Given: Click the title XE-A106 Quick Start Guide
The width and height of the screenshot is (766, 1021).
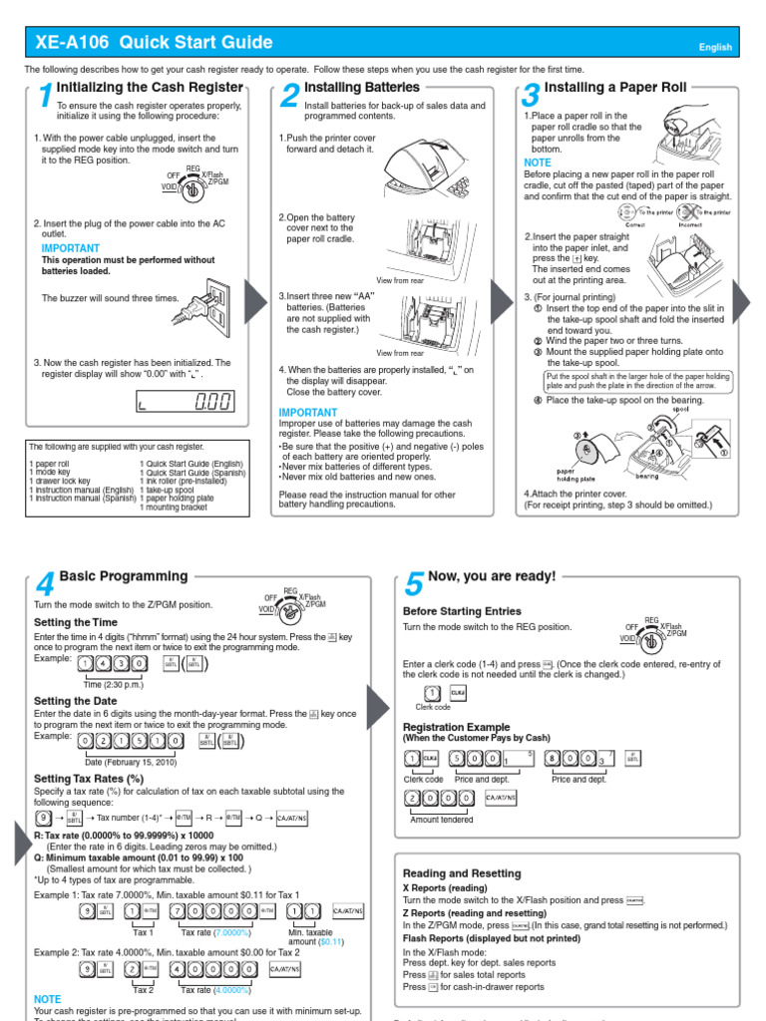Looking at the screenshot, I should [153, 42].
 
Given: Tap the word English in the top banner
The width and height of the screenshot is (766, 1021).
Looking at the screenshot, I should [715, 47].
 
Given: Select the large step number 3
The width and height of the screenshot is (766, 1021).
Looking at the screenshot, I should [531, 97].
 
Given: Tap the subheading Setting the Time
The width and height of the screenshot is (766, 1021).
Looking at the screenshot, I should [77, 622].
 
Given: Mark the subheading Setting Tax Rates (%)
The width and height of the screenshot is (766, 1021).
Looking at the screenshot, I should [89, 779].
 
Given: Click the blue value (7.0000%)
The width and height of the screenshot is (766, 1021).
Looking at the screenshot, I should [228, 932].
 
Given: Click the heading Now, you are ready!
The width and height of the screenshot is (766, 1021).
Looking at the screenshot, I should [491, 576].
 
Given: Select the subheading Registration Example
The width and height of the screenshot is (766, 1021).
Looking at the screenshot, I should [456, 727].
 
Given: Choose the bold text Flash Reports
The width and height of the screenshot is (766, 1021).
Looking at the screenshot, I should [440, 938].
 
